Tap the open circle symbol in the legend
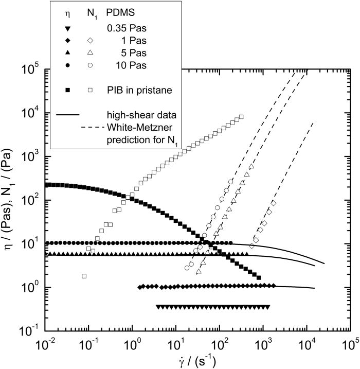tap(89, 65)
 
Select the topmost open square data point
tap(241, 117)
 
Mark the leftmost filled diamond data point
tap(141, 287)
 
